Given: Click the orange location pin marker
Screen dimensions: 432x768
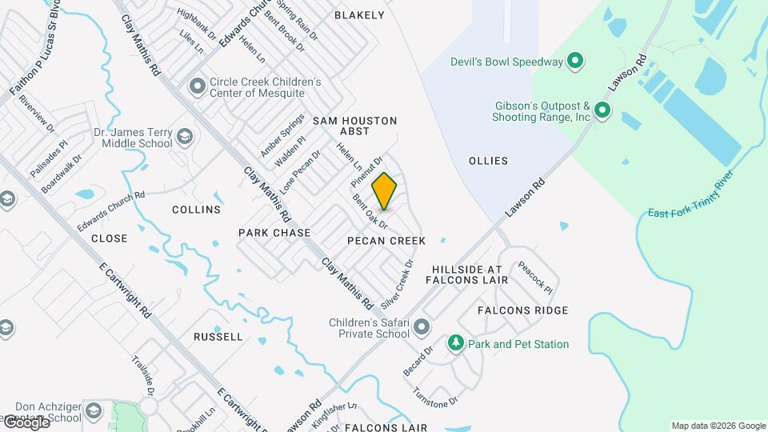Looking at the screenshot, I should [385, 190].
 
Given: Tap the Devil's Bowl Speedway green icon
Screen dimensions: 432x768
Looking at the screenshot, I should [574, 61].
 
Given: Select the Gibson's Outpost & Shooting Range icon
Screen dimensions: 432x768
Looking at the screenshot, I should [603, 111].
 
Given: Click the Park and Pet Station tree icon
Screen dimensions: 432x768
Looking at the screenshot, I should [456, 343].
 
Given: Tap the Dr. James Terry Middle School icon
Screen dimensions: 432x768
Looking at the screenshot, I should [185, 137].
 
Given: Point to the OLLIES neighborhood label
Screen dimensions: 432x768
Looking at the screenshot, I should [488, 161].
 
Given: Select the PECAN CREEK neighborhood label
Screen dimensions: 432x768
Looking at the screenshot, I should [386, 241].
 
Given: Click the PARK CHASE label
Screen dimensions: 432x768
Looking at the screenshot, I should [274, 232].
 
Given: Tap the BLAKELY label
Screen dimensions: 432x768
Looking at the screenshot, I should [360, 15].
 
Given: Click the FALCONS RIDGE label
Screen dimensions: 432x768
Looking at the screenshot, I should [522, 310].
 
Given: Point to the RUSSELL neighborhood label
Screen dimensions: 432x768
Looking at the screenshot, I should [218, 337].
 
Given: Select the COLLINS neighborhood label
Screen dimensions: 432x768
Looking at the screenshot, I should [196, 210].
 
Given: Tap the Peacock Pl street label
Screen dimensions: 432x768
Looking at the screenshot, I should [535, 277].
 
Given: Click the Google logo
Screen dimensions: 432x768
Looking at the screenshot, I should [26, 422].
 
